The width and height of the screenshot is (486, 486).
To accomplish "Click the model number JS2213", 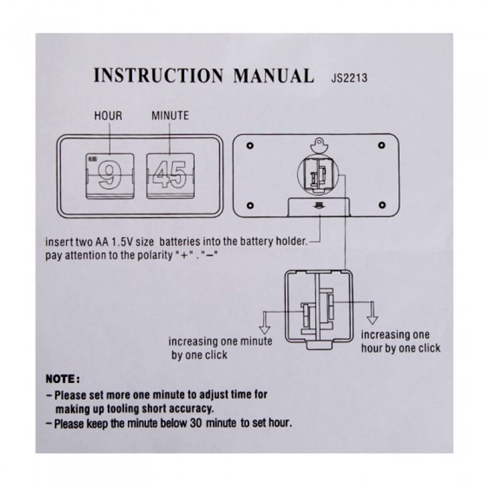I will [349, 78].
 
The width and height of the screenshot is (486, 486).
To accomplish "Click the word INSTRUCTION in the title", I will [158, 76].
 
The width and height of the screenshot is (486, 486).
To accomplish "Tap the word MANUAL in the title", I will [273, 76].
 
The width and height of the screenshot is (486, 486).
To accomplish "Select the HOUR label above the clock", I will [108, 116].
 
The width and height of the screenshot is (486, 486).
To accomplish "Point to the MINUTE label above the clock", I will [170, 116].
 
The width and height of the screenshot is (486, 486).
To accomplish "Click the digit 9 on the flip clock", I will [108, 175].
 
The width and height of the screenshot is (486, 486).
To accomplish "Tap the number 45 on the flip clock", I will [169, 175].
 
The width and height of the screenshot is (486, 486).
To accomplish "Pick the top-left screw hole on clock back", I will [250, 145].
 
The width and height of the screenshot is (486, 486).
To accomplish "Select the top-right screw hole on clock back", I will [382, 145].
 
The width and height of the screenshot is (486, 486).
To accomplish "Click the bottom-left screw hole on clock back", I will [250, 205].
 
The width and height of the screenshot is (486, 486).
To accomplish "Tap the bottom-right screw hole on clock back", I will [382, 205].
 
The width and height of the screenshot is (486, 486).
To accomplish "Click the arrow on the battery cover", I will [319, 205].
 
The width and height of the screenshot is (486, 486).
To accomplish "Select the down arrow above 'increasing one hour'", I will [372, 319].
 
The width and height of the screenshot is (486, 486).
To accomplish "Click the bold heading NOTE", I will [63, 379].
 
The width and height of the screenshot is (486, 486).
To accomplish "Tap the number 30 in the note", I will [211, 423].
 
